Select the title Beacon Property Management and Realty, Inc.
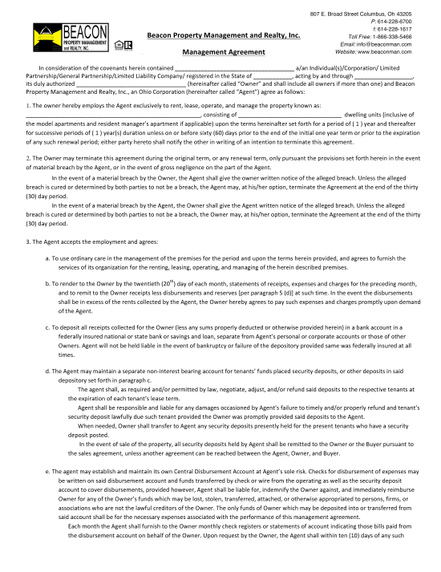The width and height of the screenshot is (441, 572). point(224,35)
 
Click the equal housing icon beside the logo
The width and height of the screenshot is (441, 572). point(120,44)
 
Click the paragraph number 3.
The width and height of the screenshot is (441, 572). point(28,241)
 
